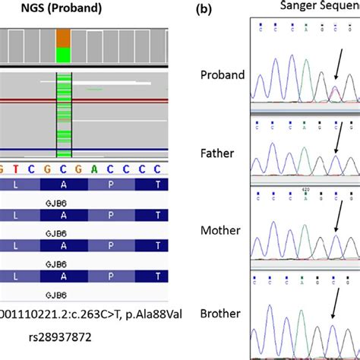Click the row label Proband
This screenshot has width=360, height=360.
click(x=223, y=74)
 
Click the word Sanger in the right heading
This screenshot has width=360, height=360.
click(x=298, y=6)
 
